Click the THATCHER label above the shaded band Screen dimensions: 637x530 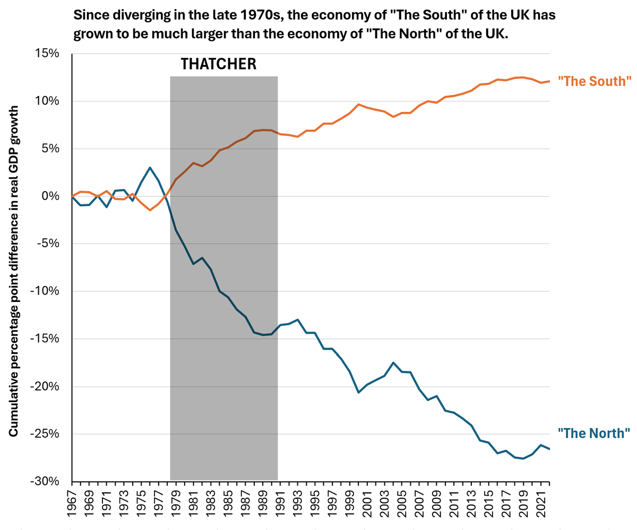(x=218, y=64)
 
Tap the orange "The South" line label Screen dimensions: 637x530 (x=595, y=81)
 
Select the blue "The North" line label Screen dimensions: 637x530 (x=593, y=433)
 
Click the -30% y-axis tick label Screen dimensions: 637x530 (x=45, y=482)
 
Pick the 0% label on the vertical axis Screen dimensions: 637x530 (x=50, y=196)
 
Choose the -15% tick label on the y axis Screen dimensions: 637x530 (x=45, y=338)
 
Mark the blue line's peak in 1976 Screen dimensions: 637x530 (x=150, y=168)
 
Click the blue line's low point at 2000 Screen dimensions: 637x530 (x=358, y=393)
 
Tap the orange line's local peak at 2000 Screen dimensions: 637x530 (x=358, y=105)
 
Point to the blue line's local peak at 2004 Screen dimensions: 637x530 (x=393, y=362)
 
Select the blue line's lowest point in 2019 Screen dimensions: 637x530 (x=523, y=458)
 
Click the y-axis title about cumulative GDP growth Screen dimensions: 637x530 (x=13, y=271)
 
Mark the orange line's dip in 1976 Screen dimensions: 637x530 (x=150, y=210)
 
